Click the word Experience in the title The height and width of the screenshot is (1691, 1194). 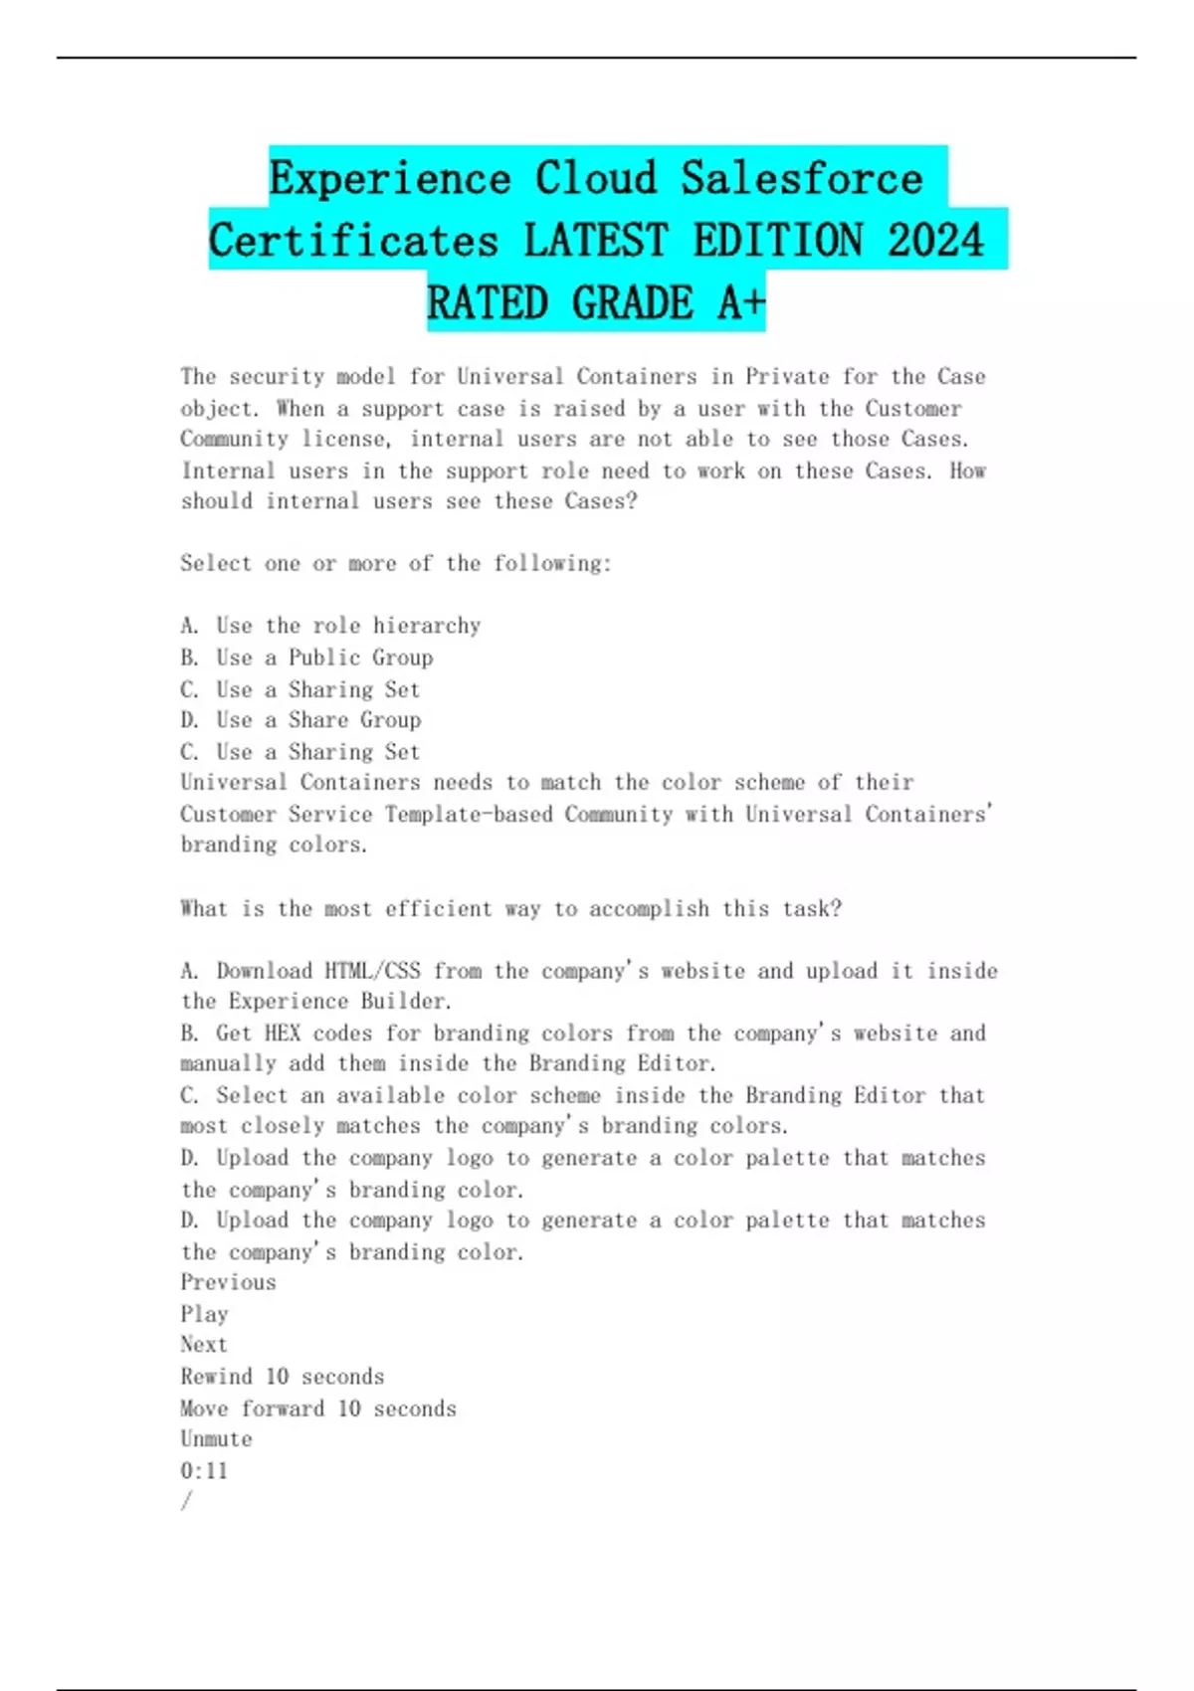389,179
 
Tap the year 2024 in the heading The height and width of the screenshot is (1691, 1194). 934,241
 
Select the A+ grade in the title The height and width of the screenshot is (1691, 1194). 740,303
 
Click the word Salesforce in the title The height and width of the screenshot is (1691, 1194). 802,179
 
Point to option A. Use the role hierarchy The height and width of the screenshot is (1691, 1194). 330,626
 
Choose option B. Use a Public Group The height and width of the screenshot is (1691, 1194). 306,658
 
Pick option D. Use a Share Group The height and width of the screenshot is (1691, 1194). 300,720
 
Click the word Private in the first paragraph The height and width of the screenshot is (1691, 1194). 787,377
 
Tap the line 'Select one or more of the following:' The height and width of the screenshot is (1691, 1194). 396,564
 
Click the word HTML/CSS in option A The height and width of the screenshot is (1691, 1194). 372,971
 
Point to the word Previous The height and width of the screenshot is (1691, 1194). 228,1282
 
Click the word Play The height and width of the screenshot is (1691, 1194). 204,1314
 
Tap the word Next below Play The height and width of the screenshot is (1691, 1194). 204,1345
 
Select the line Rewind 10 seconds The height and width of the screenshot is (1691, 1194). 282,1377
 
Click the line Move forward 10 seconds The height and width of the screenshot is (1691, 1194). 318,1409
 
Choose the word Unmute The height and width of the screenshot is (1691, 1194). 216,1439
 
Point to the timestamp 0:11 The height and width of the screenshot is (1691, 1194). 204,1471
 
